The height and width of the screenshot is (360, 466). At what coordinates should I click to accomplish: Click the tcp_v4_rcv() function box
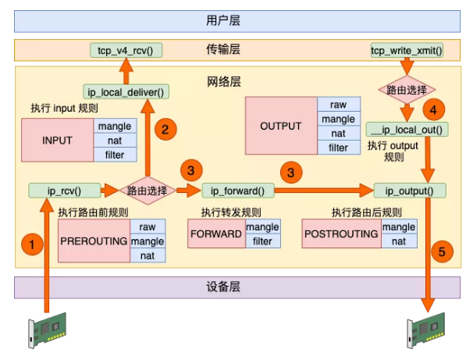point(124,51)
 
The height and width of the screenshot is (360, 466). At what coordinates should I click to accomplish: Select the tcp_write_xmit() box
point(406,52)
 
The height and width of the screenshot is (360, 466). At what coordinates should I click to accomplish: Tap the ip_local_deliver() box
point(126,91)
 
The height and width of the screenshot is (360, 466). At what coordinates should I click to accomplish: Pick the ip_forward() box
point(233,190)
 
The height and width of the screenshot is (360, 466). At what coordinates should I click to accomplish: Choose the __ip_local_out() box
point(407,130)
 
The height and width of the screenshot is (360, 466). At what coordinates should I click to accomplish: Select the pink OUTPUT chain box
point(280,125)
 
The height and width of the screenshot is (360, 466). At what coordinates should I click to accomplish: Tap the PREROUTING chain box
point(94,241)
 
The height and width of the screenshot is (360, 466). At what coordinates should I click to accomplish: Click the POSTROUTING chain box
point(340,234)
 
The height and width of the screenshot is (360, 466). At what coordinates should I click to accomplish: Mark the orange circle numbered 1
point(32,245)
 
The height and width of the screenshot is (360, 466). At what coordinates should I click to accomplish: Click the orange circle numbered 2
point(164,130)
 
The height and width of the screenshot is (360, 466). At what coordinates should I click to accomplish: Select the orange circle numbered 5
point(442,251)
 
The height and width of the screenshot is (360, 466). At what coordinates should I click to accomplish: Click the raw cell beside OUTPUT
point(338,104)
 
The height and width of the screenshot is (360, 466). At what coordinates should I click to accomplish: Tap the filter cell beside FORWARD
point(262,241)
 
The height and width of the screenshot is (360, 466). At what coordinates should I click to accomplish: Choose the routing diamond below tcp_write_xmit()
point(406,89)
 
